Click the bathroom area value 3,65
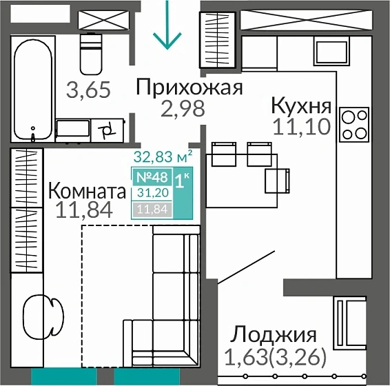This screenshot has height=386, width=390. [88, 90]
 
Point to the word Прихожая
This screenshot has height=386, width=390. [189, 88]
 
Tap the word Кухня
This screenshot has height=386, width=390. [301, 106]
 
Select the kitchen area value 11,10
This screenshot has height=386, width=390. [301, 126]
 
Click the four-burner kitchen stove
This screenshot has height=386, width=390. [355, 123]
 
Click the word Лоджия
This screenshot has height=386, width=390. [274, 336]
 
